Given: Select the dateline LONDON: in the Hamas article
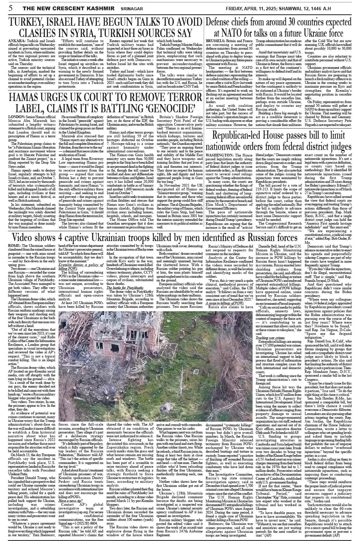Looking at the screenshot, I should pos(16,117).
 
